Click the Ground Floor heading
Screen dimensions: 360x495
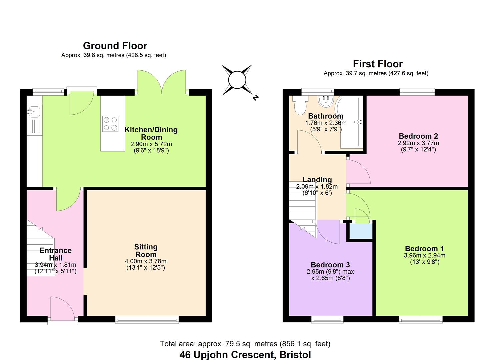115,46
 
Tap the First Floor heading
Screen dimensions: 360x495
378,64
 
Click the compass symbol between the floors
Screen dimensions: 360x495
238,80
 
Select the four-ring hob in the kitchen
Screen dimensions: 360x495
110,123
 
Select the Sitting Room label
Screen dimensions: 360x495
146,251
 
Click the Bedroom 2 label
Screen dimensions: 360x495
418,136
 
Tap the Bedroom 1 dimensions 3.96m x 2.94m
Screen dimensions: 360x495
424,256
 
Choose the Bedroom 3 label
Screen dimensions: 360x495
330,265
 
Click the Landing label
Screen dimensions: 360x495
317,180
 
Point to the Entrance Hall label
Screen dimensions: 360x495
56,254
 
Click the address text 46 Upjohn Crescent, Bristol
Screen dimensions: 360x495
245,355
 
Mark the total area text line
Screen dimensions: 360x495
245,344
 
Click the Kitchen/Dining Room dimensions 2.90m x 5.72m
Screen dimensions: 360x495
151,144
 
